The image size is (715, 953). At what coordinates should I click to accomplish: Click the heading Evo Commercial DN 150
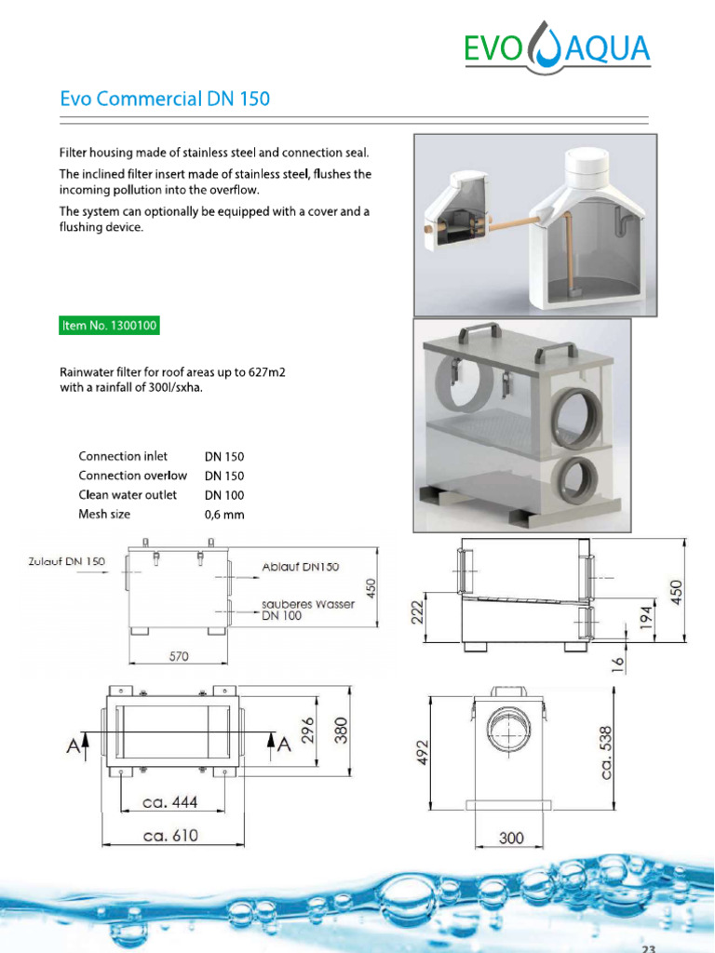tap(165, 99)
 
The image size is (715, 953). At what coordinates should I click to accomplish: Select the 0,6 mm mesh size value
tap(224, 515)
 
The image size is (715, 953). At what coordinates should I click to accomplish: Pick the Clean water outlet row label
tap(128, 495)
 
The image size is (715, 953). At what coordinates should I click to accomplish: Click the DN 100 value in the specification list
tap(224, 495)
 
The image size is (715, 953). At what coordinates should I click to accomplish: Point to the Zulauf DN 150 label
tap(65, 561)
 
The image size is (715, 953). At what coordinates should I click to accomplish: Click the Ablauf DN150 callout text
tap(300, 567)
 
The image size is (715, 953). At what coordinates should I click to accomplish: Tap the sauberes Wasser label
tap(307, 604)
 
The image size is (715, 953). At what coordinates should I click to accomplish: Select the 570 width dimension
tap(179, 656)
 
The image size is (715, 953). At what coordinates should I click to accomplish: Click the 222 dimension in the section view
tap(418, 614)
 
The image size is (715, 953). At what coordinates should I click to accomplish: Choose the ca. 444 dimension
tap(171, 803)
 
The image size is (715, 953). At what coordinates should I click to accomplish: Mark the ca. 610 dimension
tap(170, 836)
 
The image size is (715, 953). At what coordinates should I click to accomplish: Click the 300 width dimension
tap(511, 838)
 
